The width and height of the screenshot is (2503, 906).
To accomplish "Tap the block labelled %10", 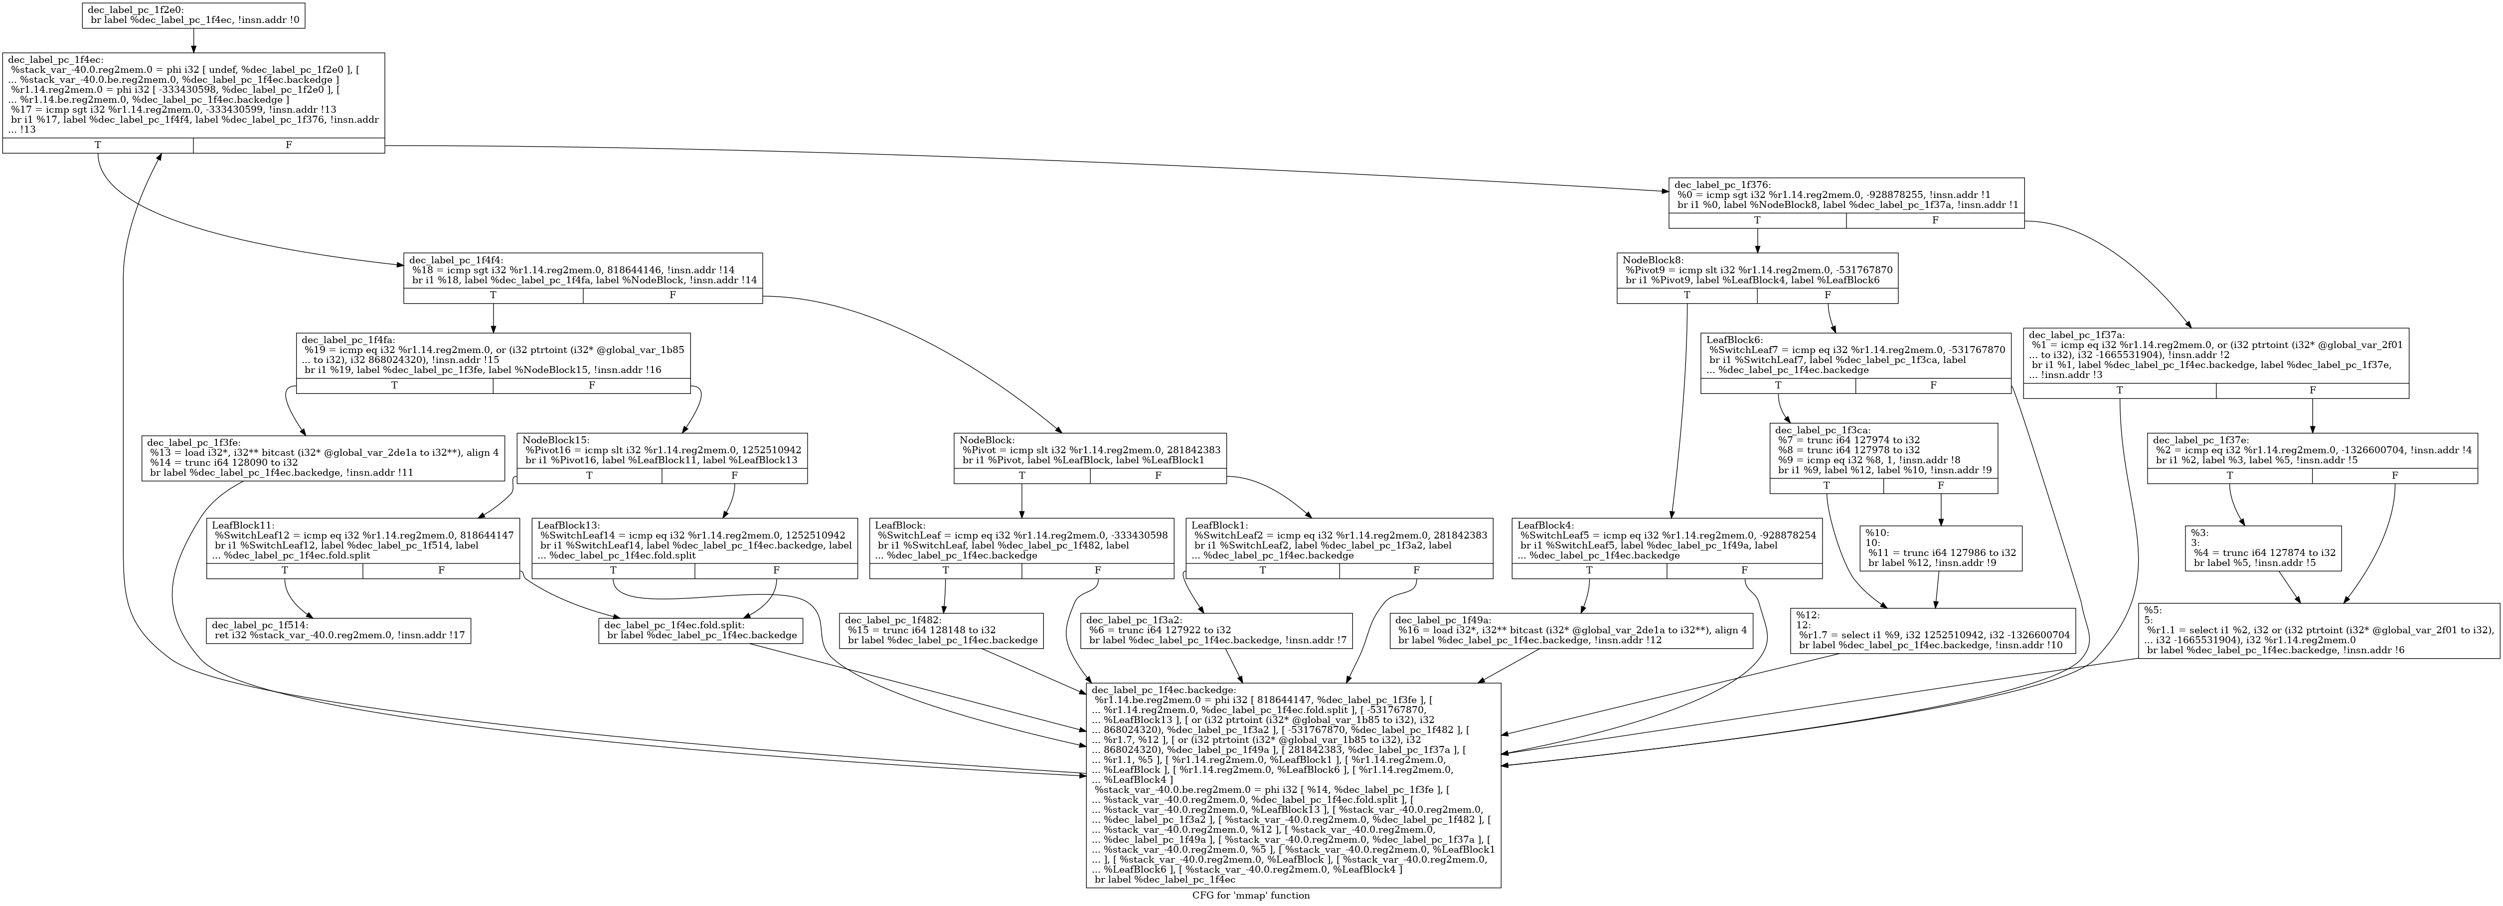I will [x=1940, y=547].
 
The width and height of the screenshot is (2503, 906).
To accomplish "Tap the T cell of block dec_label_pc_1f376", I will [x=1757, y=221].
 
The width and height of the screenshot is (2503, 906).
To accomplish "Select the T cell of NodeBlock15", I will [x=589, y=475].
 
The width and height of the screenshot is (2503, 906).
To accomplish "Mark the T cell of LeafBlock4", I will [x=1589, y=570].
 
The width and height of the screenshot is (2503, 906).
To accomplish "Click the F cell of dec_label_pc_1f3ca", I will [x=1939, y=485].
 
